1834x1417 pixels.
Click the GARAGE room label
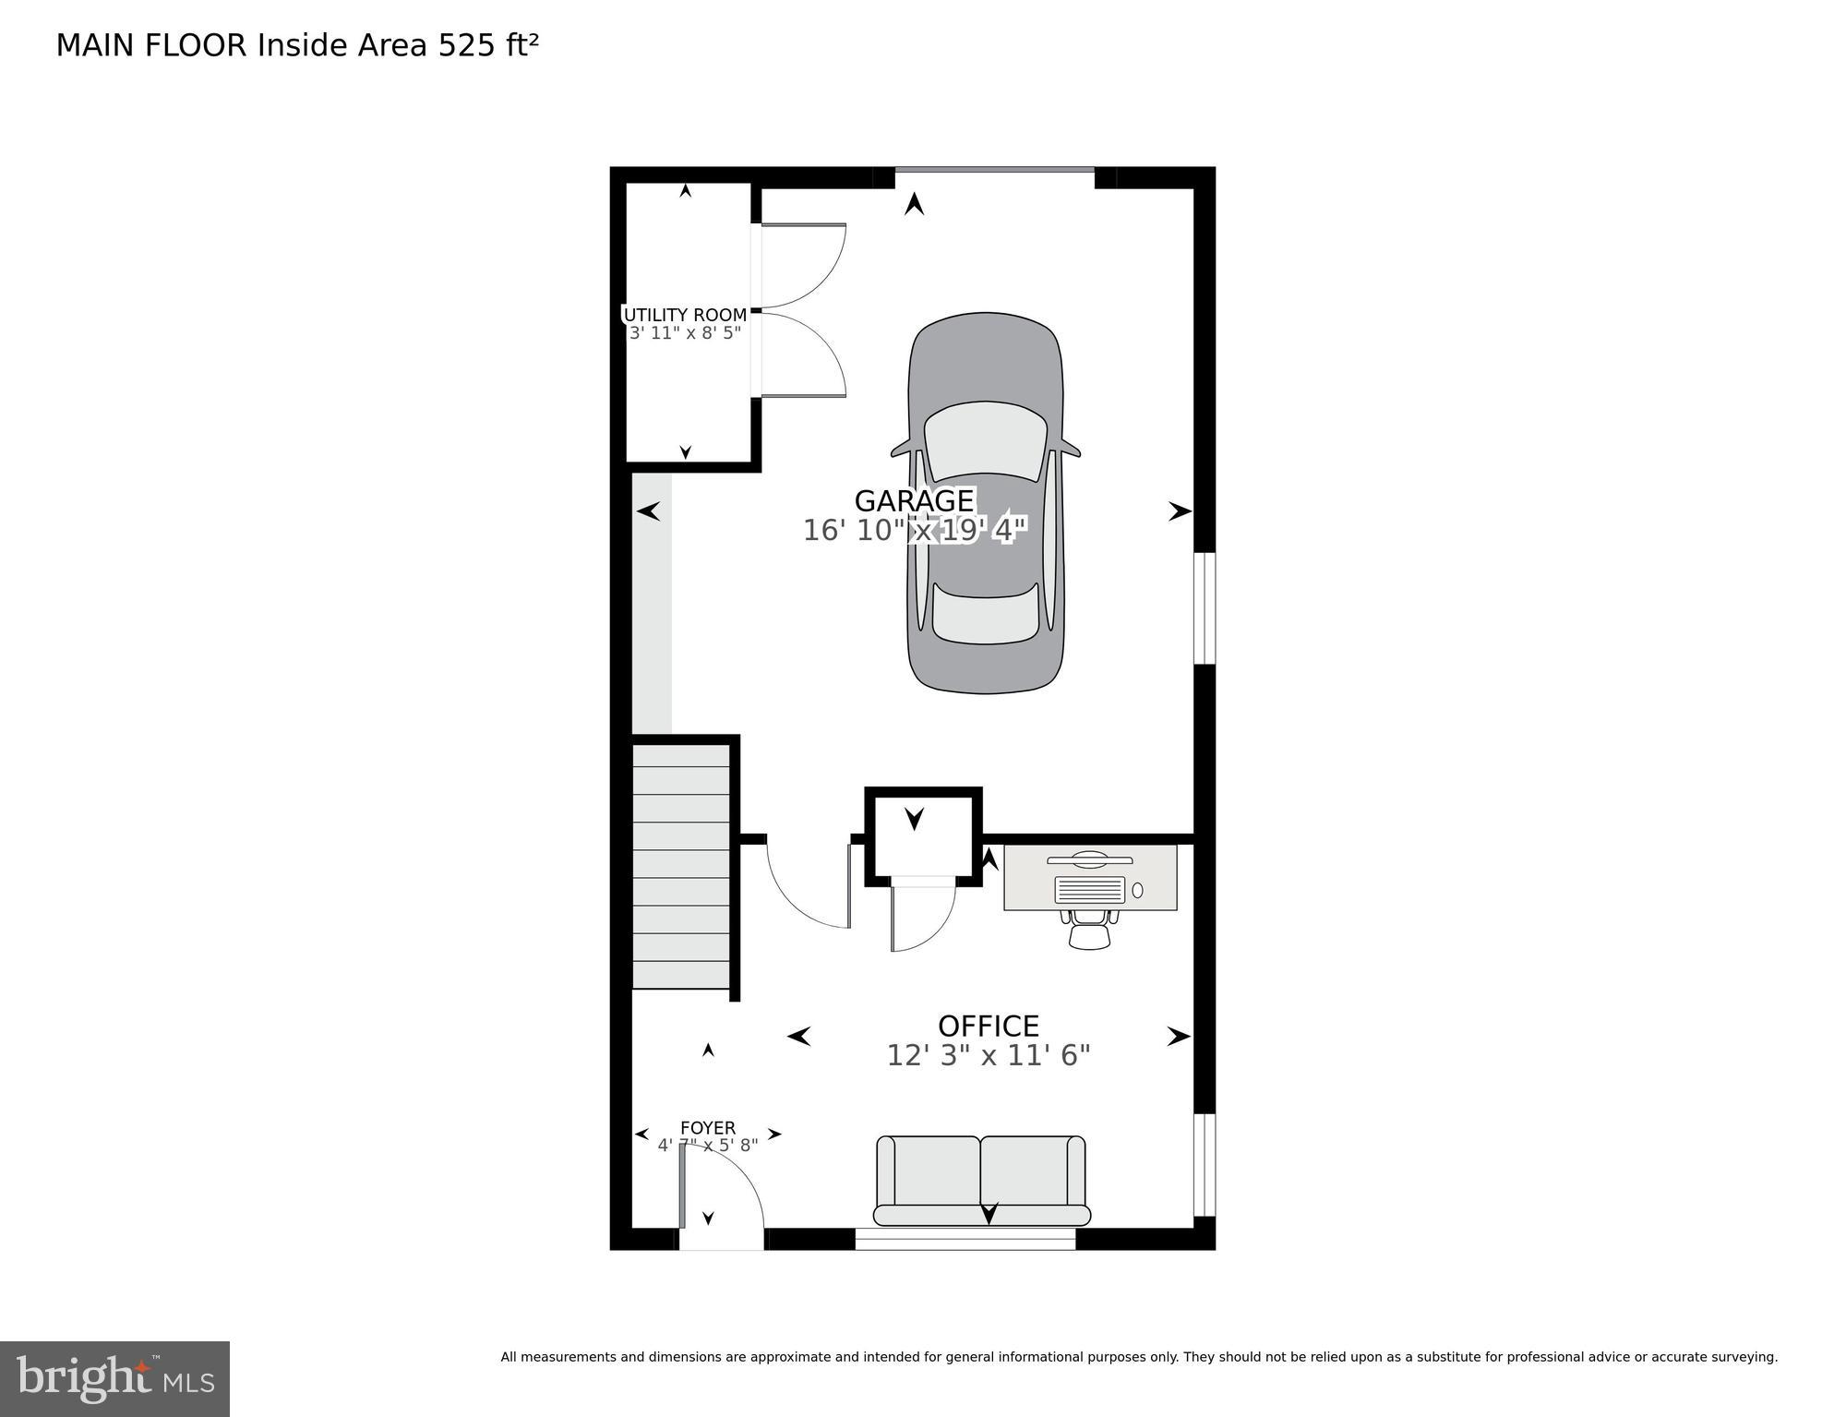pos(914,501)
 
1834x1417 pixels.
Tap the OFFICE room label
pos(988,1027)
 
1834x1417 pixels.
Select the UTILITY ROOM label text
pos(685,315)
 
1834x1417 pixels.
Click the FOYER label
pos(707,1128)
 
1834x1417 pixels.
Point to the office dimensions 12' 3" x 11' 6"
pos(988,1055)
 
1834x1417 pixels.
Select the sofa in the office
pos(981,1180)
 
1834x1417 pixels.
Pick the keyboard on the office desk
pos(1089,890)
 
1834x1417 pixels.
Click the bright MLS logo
pos(114,1378)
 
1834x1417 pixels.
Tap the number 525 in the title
pos(466,45)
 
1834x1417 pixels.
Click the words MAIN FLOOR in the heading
pos(151,45)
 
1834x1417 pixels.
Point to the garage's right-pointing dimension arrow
pos(1179,511)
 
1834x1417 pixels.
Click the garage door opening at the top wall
pos(994,171)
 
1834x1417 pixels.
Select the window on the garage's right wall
pos(1205,607)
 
